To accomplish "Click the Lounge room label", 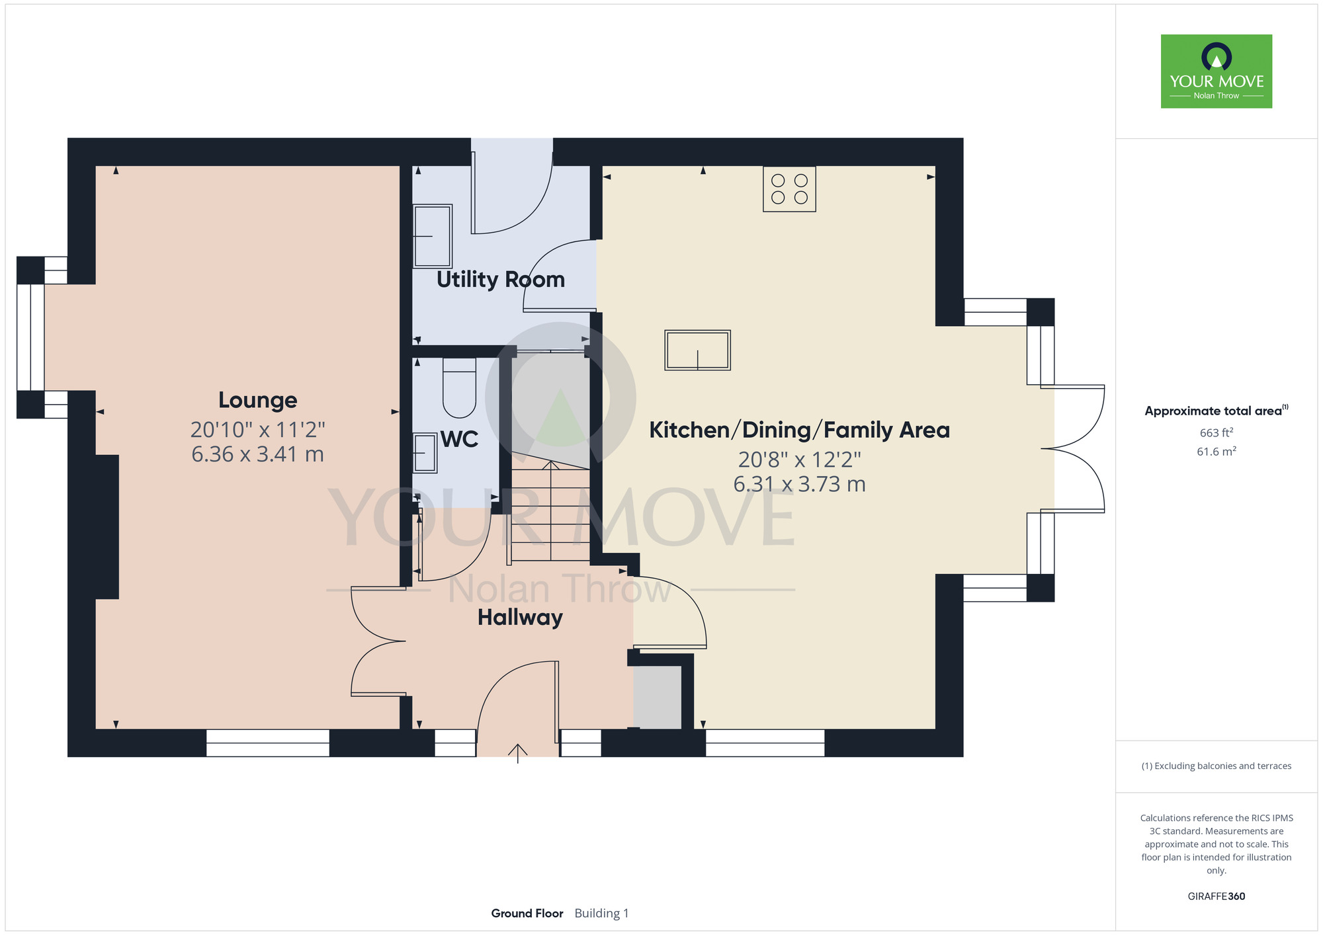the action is [x=258, y=400].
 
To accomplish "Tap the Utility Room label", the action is [x=501, y=280].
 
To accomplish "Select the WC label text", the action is [x=459, y=439].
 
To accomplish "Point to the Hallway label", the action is [x=520, y=618].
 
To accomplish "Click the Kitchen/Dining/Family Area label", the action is [x=799, y=430].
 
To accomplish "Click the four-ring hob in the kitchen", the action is [x=789, y=189].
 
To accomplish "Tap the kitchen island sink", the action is [x=697, y=350].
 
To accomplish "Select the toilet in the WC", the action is [x=459, y=388].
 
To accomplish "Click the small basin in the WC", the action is [x=425, y=453].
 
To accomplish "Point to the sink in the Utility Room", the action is [x=433, y=236].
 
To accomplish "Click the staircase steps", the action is [x=549, y=512].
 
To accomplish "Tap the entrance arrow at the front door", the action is [x=517, y=753].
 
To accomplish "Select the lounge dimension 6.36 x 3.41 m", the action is [x=258, y=455].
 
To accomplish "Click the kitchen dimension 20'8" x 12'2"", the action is [x=799, y=459].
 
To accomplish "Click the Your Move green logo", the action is [x=1216, y=71].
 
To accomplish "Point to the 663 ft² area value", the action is [x=1216, y=433].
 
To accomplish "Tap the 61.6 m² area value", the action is [x=1216, y=452].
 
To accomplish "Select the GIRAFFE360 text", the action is [x=1216, y=897].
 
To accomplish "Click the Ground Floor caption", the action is [x=527, y=913].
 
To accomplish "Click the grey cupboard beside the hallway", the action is [x=657, y=698].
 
